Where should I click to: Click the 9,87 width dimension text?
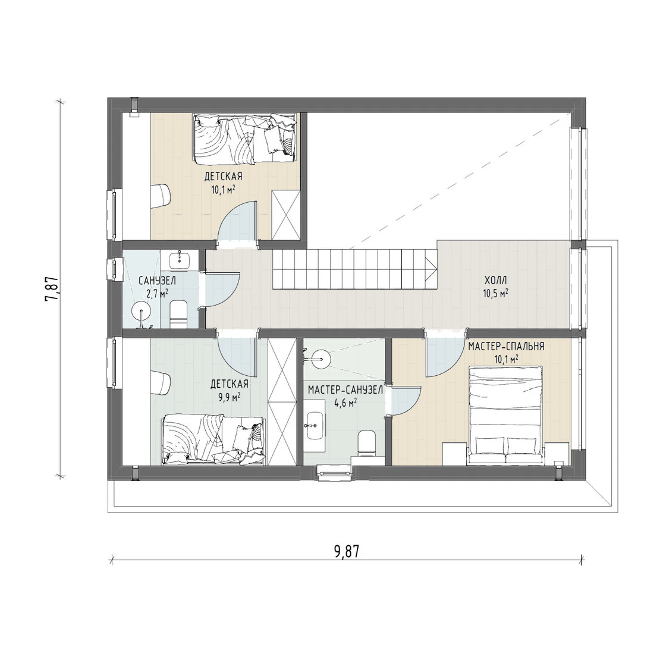click(346, 551)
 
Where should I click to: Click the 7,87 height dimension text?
click(52, 288)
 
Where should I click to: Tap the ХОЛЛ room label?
click(496, 281)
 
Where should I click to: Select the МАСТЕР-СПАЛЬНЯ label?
click(506, 347)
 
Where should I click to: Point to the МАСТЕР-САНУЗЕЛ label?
click(345, 390)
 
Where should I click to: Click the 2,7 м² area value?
click(158, 293)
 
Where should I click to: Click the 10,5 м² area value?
click(496, 293)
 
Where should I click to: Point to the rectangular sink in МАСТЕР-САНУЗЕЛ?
click(314, 426)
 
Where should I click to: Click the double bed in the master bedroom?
click(505, 416)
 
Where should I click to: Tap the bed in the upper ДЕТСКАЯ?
click(245, 139)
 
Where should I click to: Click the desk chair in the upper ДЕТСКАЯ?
click(162, 196)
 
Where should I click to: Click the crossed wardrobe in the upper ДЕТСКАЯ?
click(285, 215)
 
